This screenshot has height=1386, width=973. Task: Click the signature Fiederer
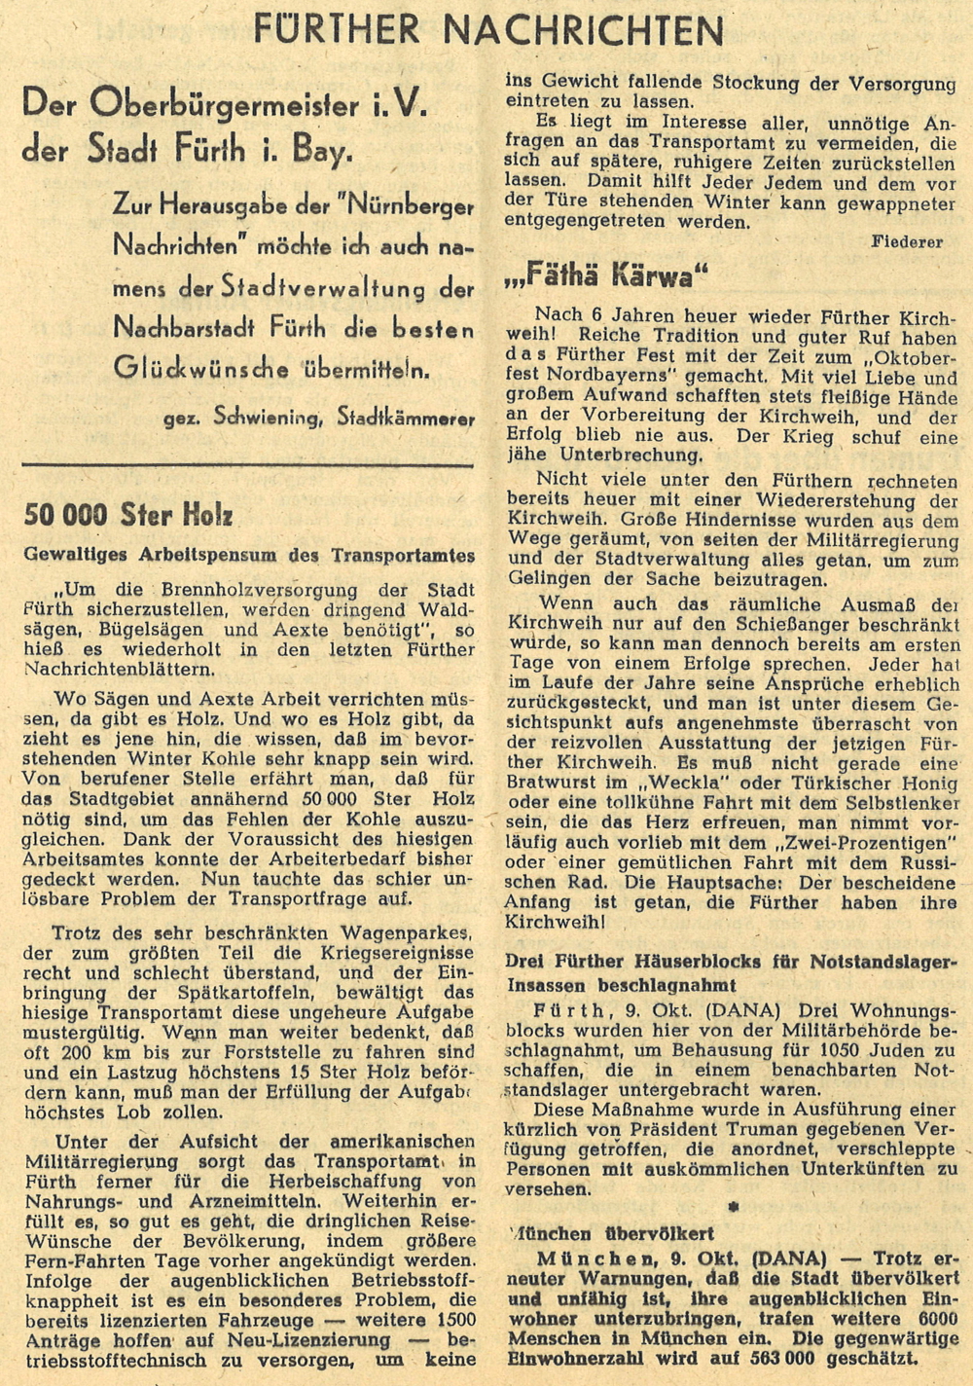[907, 242]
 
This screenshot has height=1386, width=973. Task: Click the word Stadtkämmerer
[406, 419]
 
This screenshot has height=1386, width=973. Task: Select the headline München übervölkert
[613, 1234]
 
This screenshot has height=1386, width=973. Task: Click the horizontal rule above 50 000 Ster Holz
[249, 464]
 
